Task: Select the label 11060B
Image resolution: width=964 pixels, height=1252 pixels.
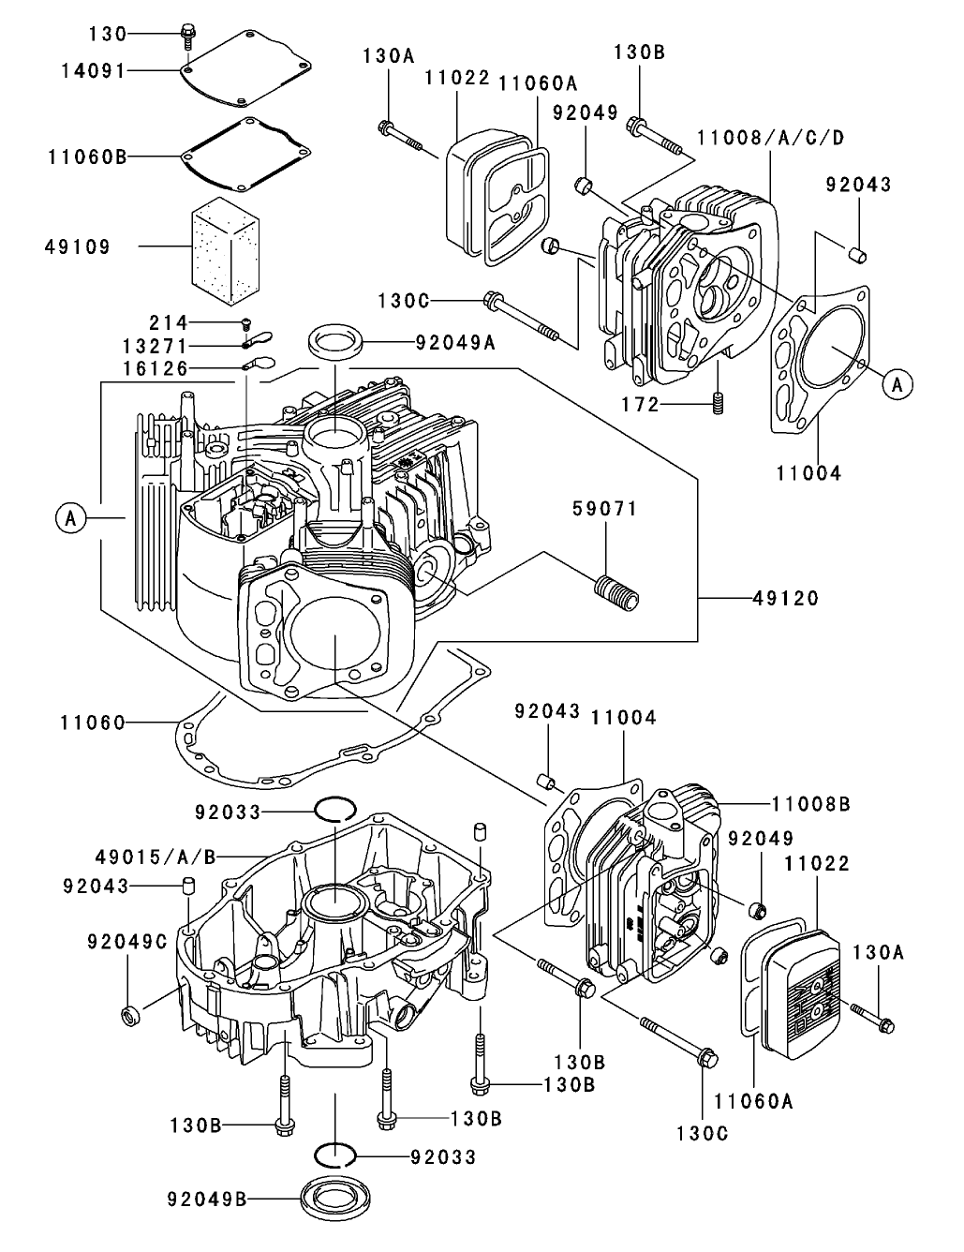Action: tap(86, 156)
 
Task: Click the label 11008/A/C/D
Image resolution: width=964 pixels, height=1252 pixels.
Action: tap(770, 139)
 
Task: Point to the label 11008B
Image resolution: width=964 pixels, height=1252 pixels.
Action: tap(811, 803)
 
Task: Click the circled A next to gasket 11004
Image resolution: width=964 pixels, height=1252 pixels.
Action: tap(897, 382)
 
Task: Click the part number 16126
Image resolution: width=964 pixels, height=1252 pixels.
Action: tap(156, 368)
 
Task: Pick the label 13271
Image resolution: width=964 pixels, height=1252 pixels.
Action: tap(156, 346)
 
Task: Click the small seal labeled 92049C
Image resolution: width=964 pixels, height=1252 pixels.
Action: tap(129, 1014)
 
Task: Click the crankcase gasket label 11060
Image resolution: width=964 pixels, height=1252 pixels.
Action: tap(92, 722)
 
